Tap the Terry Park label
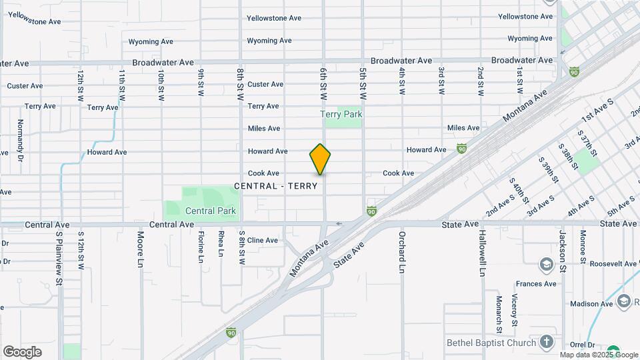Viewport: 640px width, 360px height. tap(341, 115)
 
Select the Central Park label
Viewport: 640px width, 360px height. tap(211, 211)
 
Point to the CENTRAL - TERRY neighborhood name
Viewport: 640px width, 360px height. tap(280, 186)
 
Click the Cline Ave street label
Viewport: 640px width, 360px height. tap(262, 240)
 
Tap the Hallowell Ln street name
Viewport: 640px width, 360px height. tap(482, 254)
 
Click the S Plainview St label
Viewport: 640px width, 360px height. tap(59, 259)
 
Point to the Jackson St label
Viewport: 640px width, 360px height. tap(563, 247)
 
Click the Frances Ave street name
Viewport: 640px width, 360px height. tap(535, 284)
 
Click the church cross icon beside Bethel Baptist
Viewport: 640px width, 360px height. tap(547, 343)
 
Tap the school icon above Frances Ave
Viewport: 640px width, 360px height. tap(547, 264)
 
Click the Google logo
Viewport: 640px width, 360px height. tap(22, 352)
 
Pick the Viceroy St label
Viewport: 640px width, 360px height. tap(515, 310)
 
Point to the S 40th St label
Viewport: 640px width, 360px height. tap(518, 190)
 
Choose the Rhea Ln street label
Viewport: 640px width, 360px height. tap(220, 244)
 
